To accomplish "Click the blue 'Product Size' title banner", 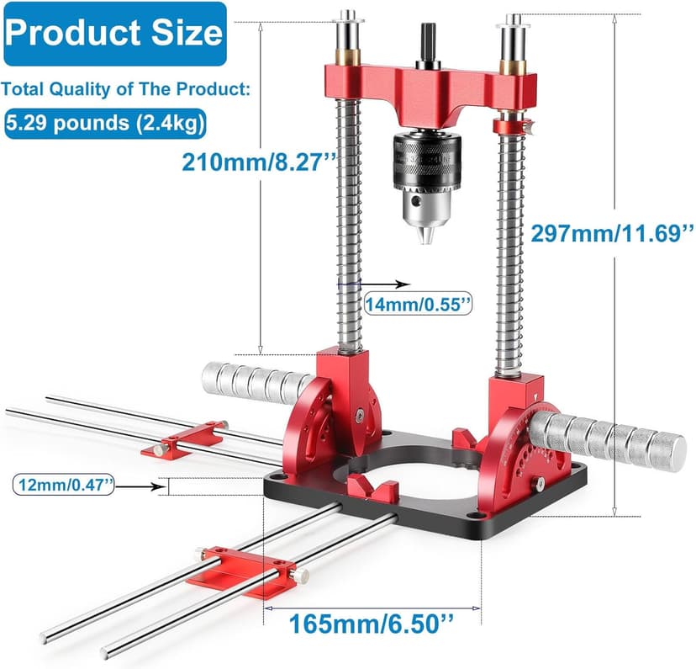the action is click(x=115, y=34).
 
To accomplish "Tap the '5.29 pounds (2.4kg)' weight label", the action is click(x=106, y=124).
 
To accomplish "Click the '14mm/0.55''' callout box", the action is click(x=418, y=305).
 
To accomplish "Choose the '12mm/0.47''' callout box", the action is click(x=64, y=485).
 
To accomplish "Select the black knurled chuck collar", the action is click(x=426, y=160).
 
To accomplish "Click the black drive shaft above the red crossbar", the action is click(x=429, y=45).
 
